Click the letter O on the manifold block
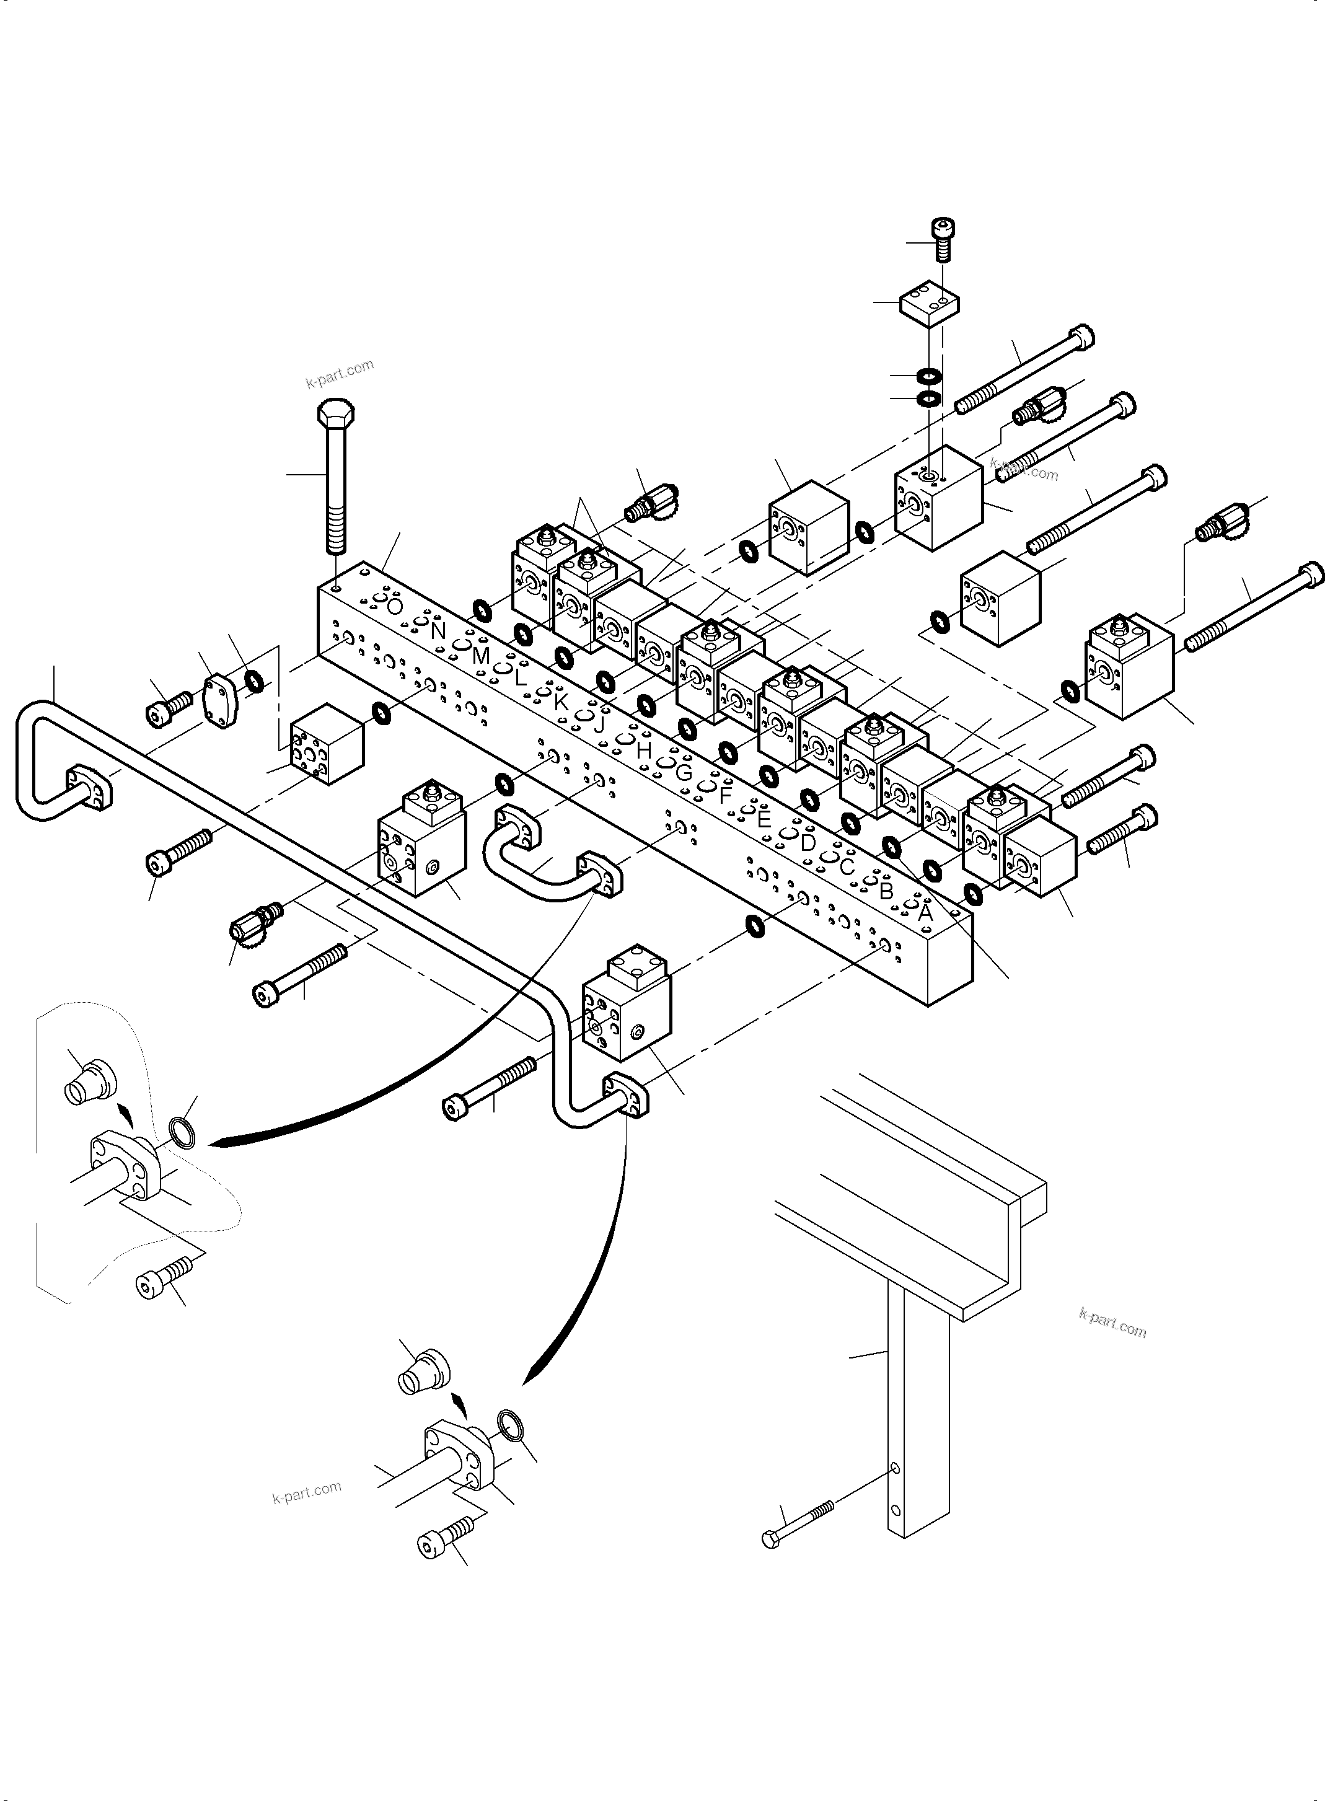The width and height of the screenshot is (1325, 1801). click(393, 607)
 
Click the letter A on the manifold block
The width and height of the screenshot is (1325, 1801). click(925, 912)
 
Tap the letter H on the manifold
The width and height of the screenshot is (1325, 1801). click(643, 751)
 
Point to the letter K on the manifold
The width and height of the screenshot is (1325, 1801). click(561, 702)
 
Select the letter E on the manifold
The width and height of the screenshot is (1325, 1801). click(764, 819)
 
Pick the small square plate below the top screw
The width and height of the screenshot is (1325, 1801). click(930, 304)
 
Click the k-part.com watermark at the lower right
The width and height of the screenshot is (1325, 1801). click(1112, 1323)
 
